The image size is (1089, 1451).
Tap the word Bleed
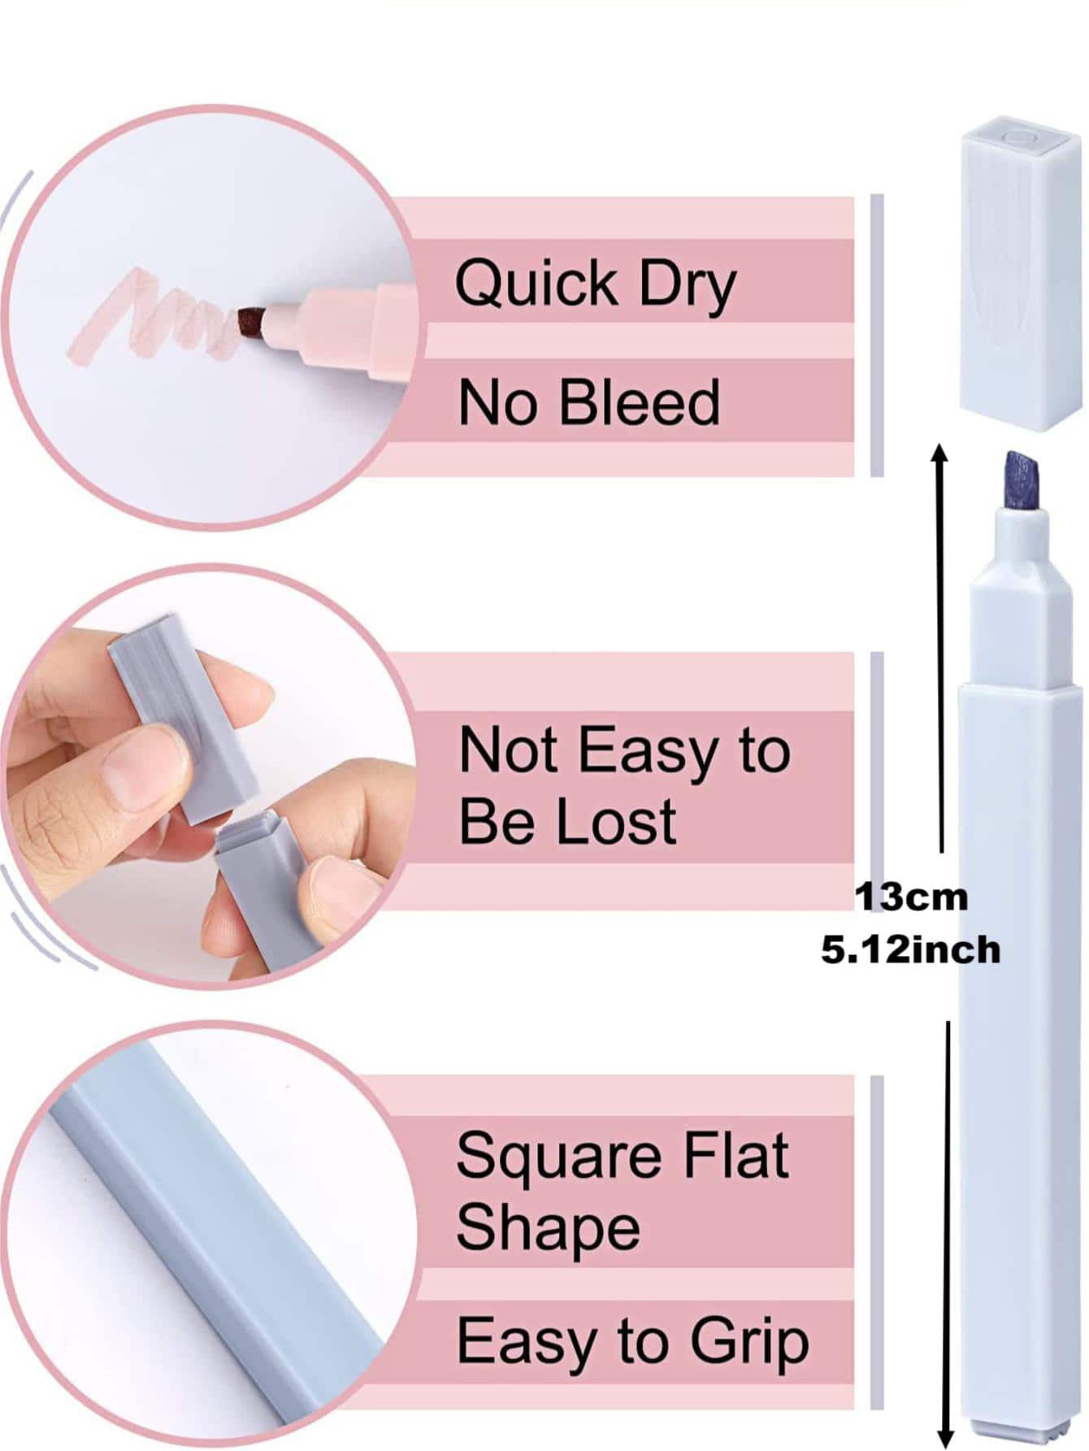(640, 402)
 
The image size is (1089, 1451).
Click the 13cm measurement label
(910, 897)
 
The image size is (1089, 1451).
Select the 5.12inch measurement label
(910, 949)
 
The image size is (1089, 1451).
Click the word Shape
(548, 1230)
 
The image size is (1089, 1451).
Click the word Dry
(688, 286)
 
